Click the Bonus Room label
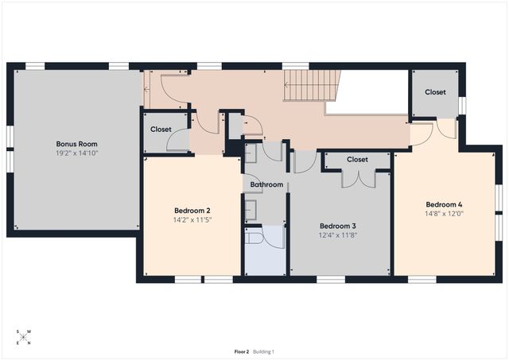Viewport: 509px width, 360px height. coord(77,144)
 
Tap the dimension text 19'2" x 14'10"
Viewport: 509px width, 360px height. coord(77,153)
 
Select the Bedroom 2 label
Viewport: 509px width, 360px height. coord(192,211)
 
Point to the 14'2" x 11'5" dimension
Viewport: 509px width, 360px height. coord(192,219)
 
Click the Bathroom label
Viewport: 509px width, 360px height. coord(266,184)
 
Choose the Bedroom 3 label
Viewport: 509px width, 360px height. coord(337,226)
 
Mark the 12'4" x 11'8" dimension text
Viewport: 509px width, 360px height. coord(337,234)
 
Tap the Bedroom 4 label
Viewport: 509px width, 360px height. coord(444,204)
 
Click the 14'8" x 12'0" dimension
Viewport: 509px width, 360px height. coord(444,213)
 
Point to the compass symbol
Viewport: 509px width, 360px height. coord(24,337)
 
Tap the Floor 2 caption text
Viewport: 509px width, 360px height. coord(242,351)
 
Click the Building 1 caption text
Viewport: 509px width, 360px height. coord(263,351)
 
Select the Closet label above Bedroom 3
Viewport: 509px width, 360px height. coord(357,160)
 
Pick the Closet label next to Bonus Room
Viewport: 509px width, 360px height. coord(161,129)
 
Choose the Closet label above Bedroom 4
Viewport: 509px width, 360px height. coord(435,92)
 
